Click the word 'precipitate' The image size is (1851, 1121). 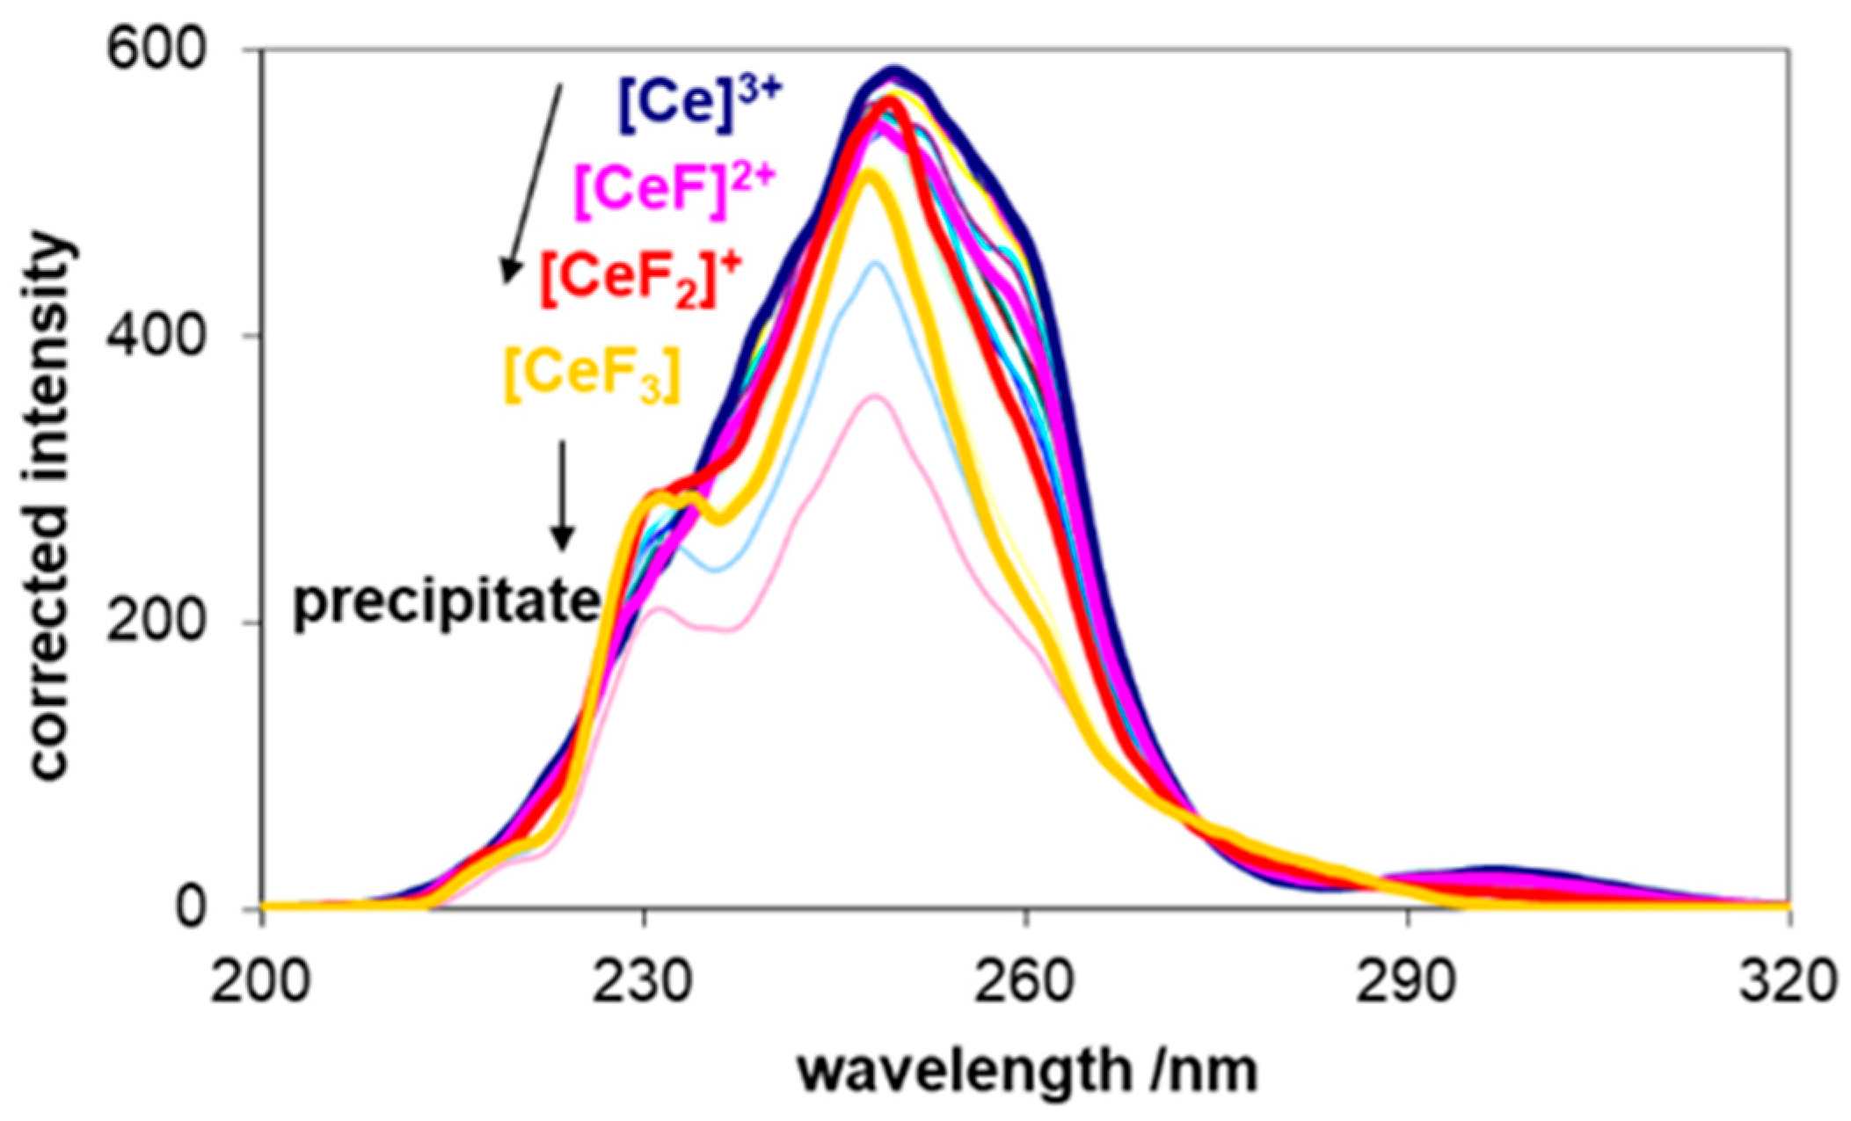point(447,602)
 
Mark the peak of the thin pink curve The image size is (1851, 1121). point(873,397)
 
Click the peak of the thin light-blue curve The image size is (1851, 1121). point(874,263)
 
